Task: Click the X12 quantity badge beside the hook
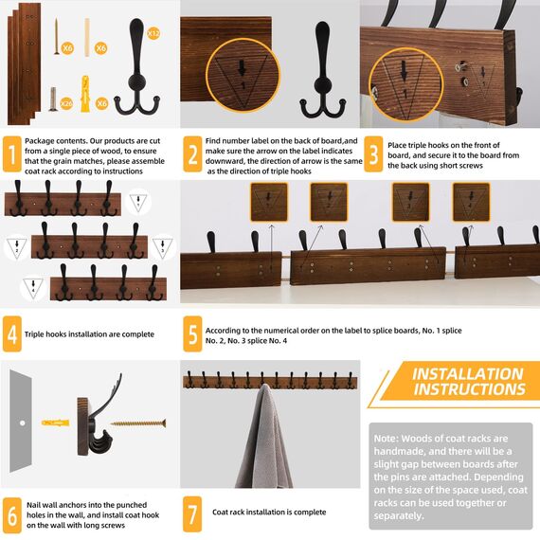[155, 33]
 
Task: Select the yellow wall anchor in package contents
[86, 92]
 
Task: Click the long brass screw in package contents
[56, 35]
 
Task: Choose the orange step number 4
[11, 333]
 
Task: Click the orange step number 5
[192, 333]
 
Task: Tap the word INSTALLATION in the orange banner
[467, 374]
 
